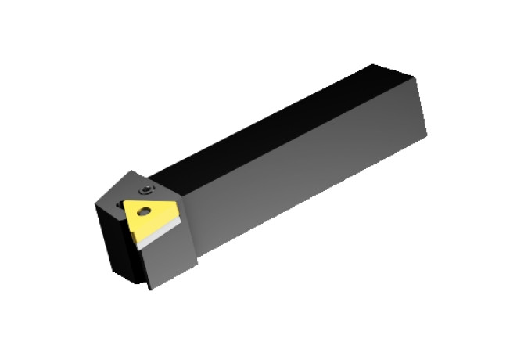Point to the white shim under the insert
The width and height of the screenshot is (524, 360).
tap(160, 233)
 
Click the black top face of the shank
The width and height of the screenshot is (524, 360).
tap(274, 125)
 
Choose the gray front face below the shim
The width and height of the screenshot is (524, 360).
tap(168, 258)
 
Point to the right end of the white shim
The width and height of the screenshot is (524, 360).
tap(180, 221)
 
